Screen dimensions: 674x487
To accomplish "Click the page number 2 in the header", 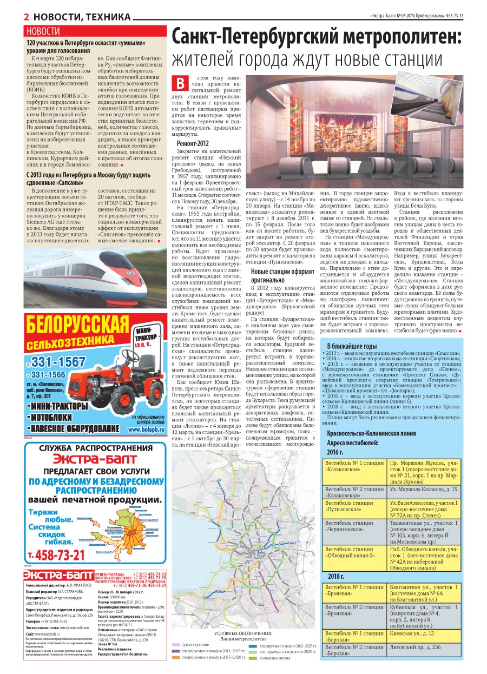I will [26, 17].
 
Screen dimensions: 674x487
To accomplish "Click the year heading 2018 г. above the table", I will [336, 577].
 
